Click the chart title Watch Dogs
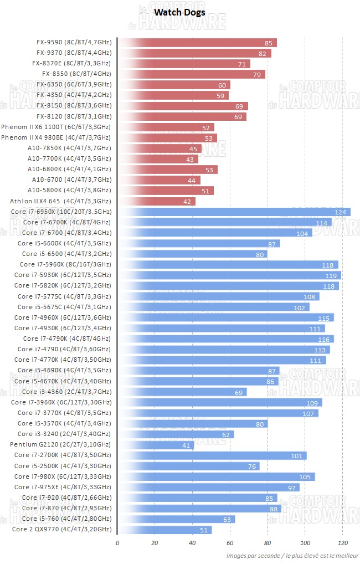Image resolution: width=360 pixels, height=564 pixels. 179,12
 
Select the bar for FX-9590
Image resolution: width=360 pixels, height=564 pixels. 197,43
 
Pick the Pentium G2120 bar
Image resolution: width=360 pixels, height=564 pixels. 156,445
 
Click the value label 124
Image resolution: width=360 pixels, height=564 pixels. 341,212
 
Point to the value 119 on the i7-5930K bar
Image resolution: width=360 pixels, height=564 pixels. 331,275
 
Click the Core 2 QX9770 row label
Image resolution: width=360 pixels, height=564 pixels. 61,530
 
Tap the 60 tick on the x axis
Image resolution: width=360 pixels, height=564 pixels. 230,543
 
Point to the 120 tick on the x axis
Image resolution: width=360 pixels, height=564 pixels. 343,543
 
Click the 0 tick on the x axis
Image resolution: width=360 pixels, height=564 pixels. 117,543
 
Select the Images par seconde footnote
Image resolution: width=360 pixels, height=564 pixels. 292,556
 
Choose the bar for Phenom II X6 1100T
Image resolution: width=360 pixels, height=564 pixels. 166,127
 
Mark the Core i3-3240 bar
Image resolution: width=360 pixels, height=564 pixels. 175,434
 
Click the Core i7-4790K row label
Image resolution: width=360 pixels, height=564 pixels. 67,339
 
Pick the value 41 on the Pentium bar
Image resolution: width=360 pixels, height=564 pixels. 186,445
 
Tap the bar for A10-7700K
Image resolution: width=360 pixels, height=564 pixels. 157,159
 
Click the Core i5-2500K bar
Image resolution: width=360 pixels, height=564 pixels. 188,466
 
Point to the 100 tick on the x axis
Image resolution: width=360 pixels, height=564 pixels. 305,543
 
